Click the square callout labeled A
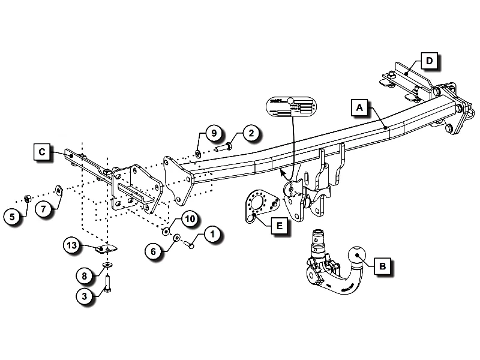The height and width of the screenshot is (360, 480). click(359, 108)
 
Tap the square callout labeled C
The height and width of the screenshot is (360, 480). click(41, 152)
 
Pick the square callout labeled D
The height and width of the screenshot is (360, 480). click(429, 61)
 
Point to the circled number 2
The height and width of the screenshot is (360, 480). click(251, 133)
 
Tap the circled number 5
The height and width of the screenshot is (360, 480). click(13, 216)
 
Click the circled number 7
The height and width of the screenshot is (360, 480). click(44, 209)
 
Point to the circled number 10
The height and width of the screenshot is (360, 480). click(188, 219)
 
